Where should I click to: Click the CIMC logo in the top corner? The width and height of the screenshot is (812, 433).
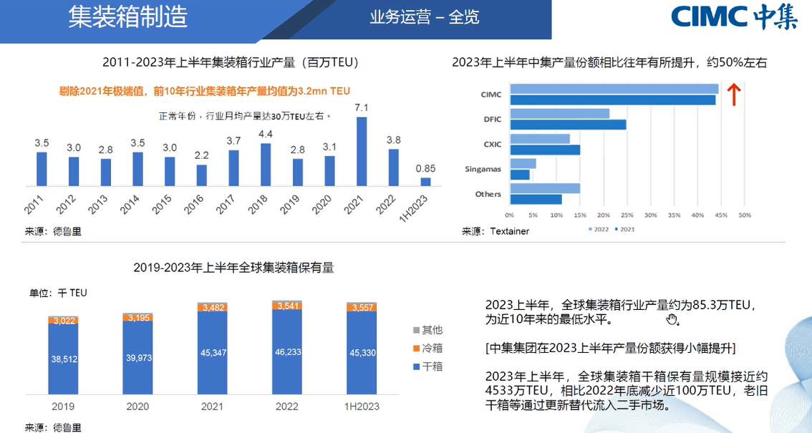(733, 18)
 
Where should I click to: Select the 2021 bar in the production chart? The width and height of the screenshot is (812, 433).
(362, 151)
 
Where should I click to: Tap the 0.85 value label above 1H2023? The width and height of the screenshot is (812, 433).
(425, 169)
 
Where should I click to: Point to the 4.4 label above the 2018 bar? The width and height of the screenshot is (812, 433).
(266, 134)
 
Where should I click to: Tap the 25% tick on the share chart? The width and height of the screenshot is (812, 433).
(627, 214)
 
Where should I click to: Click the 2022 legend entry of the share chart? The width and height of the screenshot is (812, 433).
(599, 229)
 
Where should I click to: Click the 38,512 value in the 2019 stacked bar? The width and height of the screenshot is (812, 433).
(62, 360)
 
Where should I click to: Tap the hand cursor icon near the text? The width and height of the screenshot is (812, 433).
(672, 319)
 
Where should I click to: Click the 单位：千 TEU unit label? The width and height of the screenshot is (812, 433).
(58, 293)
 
